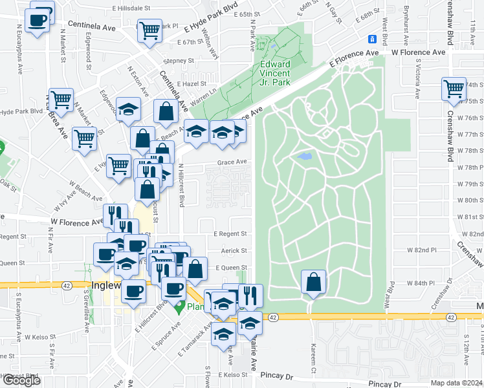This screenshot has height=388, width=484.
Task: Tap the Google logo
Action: click(21, 380)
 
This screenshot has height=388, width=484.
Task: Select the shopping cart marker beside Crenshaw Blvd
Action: click(454, 89)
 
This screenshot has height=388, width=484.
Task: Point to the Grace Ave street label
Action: click(232, 162)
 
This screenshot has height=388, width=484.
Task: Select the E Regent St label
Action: click(230, 233)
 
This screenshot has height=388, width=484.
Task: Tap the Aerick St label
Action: click(234, 250)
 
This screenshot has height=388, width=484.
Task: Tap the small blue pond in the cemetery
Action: click(303, 156)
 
